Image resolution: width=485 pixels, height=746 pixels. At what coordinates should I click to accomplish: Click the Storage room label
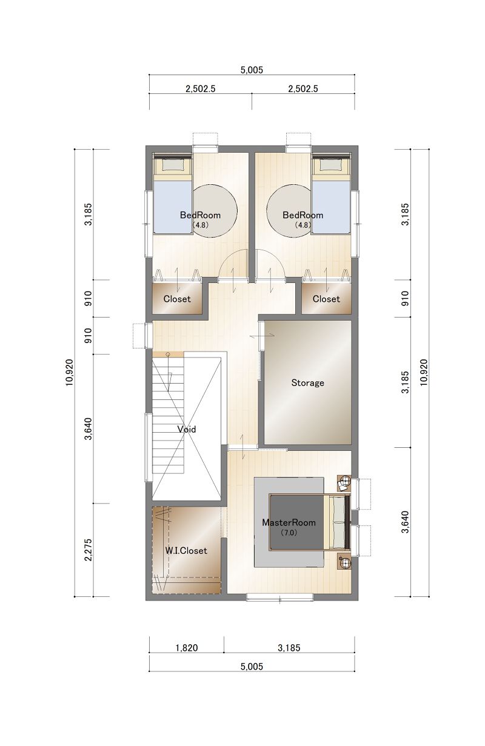(307, 383)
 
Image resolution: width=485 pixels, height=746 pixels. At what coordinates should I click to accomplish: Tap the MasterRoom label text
(289, 522)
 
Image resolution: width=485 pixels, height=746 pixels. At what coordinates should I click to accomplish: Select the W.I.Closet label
(186, 551)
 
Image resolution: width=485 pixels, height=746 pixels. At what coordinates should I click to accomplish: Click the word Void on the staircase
(187, 429)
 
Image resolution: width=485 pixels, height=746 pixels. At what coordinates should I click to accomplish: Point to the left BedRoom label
(200, 215)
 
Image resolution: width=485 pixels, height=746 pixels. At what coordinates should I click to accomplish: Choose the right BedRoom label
(303, 215)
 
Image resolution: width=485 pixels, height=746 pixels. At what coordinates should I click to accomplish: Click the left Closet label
(177, 299)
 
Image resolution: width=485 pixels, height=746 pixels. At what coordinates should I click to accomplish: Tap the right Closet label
(326, 299)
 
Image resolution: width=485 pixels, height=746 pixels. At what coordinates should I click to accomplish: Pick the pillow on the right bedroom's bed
(331, 164)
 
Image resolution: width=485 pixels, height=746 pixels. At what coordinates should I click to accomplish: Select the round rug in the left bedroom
(215, 211)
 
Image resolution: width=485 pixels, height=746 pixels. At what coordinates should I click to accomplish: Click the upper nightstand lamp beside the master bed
(344, 482)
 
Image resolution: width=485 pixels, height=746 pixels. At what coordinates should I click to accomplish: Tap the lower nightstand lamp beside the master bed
(344, 562)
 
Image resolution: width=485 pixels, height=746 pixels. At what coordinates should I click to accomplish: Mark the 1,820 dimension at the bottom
(187, 648)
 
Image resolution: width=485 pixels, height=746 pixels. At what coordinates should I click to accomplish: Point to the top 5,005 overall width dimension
(252, 70)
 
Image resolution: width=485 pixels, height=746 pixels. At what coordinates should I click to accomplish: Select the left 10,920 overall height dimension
(70, 372)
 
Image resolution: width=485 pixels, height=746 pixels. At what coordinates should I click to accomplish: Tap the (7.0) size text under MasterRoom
(289, 533)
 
